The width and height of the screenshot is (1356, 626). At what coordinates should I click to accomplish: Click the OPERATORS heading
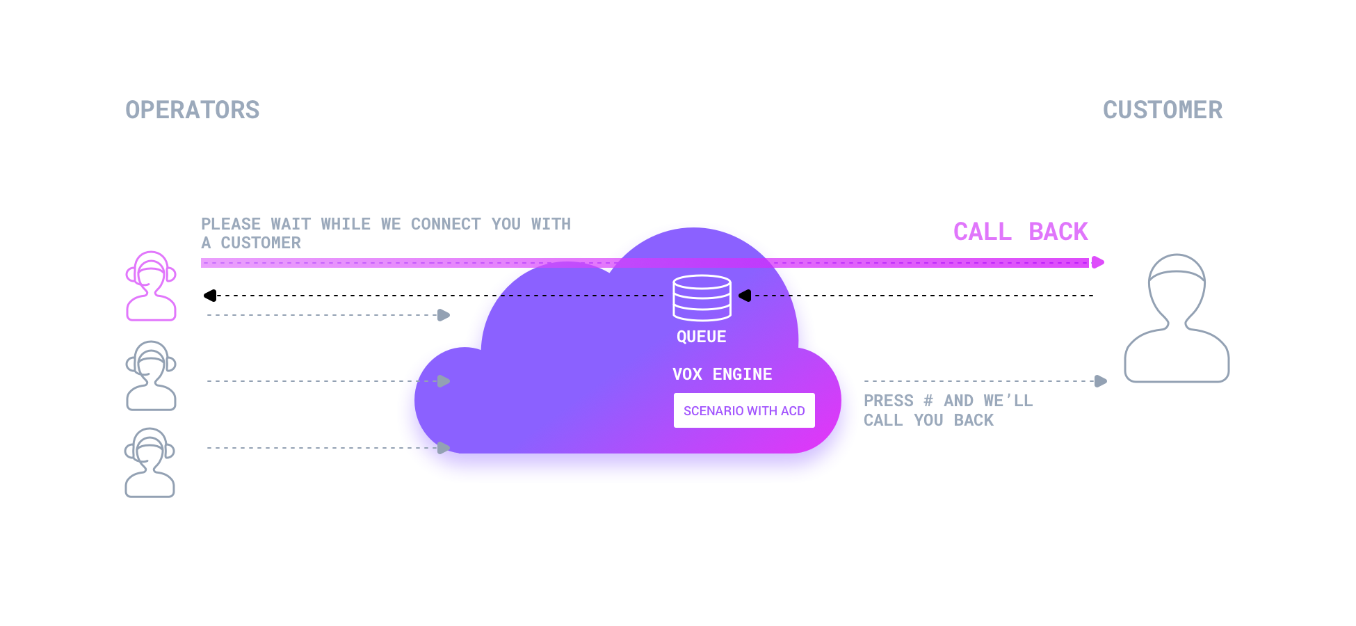[193, 110]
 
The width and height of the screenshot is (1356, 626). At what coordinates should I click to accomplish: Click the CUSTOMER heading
[1163, 110]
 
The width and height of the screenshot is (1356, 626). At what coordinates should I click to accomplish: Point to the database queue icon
[702, 298]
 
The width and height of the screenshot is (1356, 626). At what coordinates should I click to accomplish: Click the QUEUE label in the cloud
[702, 337]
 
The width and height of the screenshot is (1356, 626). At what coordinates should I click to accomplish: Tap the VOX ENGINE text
[723, 374]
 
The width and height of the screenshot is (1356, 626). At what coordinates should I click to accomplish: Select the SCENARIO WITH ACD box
[744, 410]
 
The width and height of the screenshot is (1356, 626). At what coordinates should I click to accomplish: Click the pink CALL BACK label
[1021, 232]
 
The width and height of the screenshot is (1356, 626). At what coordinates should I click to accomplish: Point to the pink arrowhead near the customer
[1098, 262]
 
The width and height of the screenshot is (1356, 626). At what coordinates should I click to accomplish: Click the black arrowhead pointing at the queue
[745, 296]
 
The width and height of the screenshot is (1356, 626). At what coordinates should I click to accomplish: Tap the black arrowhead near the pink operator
[210, 296]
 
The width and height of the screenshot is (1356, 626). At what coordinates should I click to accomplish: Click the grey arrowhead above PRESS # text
[1101, 381]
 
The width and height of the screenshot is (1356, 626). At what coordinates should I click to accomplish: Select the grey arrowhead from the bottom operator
[444, 448]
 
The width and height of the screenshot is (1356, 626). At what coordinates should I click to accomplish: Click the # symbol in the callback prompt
[928, 401]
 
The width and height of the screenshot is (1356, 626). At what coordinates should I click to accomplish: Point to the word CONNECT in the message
[446, 224]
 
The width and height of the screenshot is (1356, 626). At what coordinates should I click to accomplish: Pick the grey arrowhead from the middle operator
[444, 381]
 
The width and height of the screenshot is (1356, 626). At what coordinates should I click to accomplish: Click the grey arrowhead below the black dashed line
[444, 315]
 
